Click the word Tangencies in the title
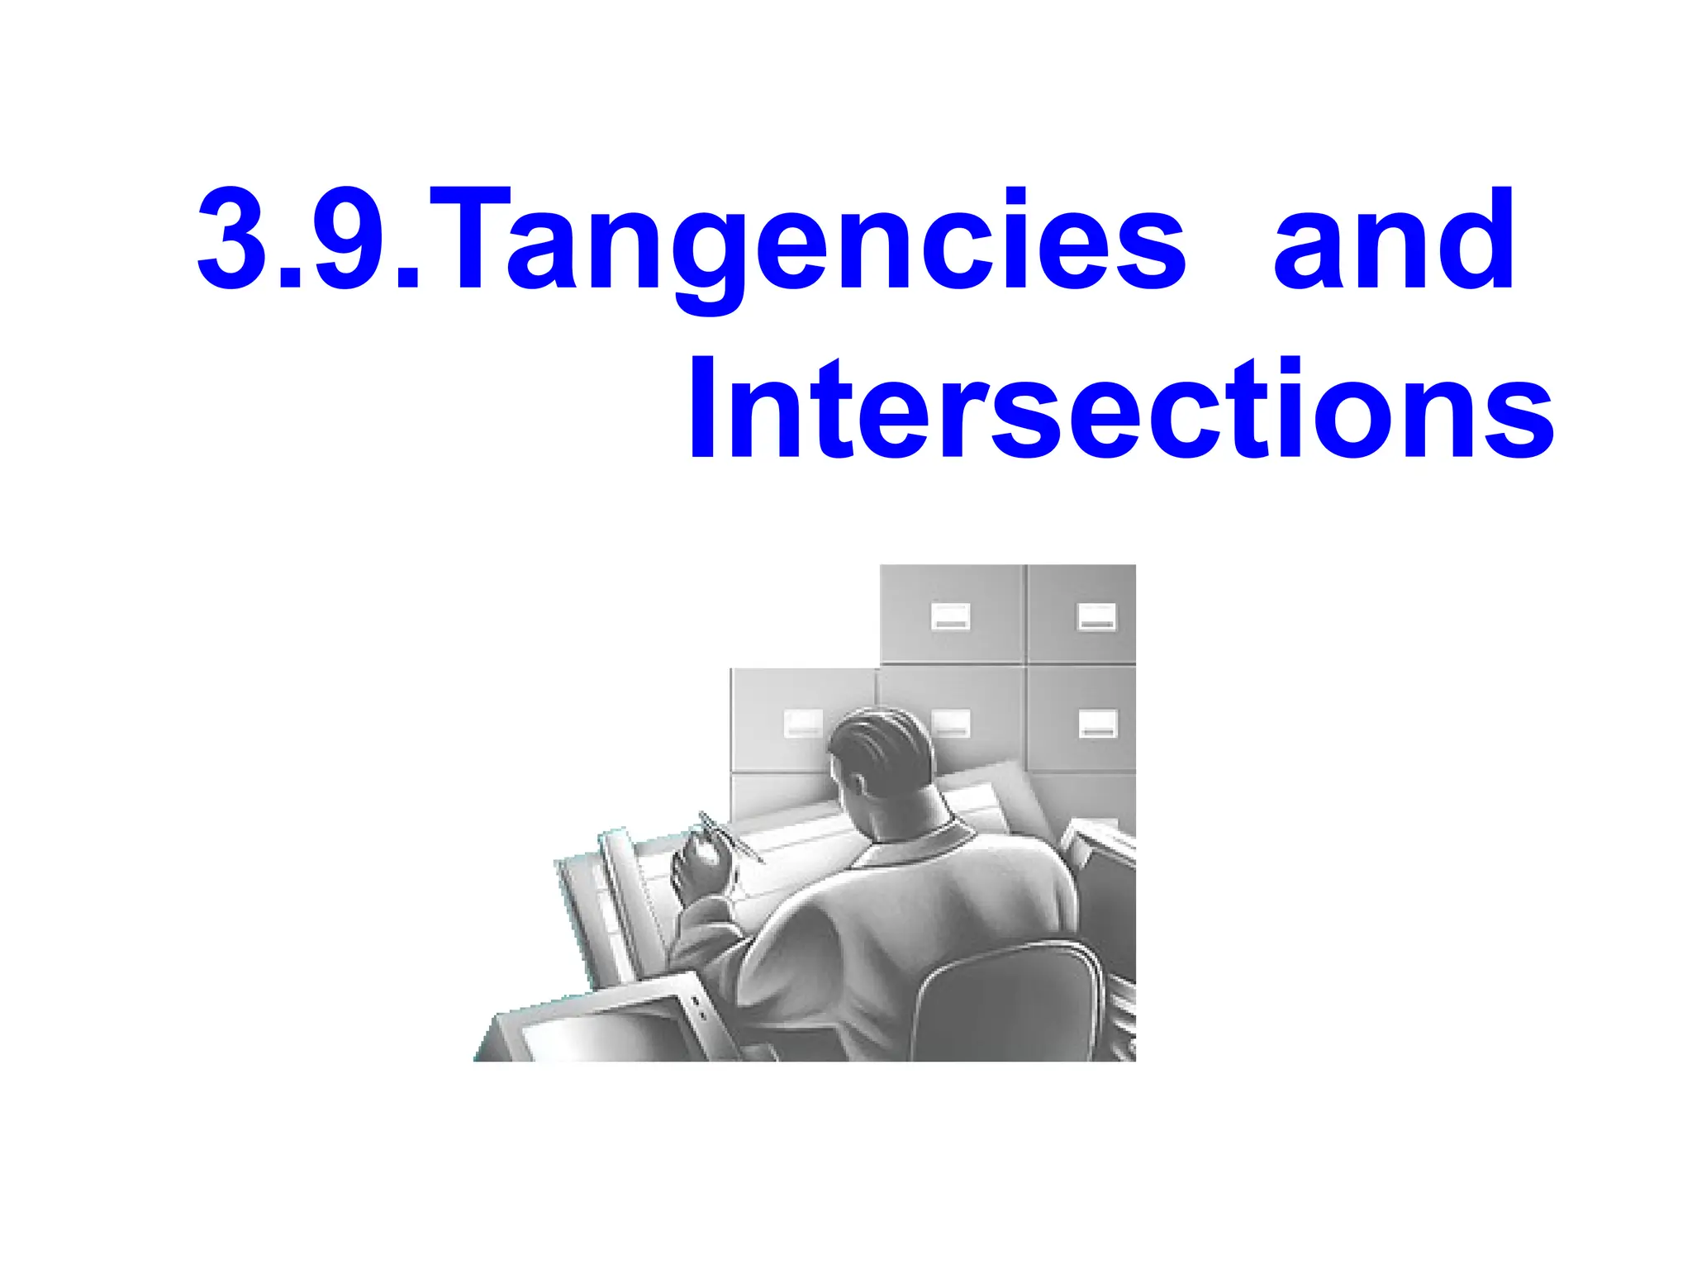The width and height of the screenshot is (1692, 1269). coord(806,244)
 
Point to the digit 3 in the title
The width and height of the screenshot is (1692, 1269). coord(231,240)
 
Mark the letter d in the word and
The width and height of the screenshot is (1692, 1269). coord(1474,240)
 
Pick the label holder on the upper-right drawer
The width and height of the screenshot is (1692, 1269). coord(1096,616)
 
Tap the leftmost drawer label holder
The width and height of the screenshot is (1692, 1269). coord(802,723)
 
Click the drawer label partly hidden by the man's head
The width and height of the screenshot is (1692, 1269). coord(950,723)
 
